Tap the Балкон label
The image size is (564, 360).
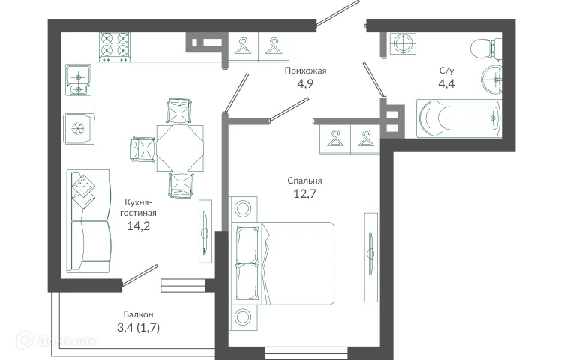(x=139, y=313)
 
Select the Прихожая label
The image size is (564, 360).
(x=304, y=70)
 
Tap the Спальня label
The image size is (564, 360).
(x=304, y=181)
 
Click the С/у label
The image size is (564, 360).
(x=445, y=70)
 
